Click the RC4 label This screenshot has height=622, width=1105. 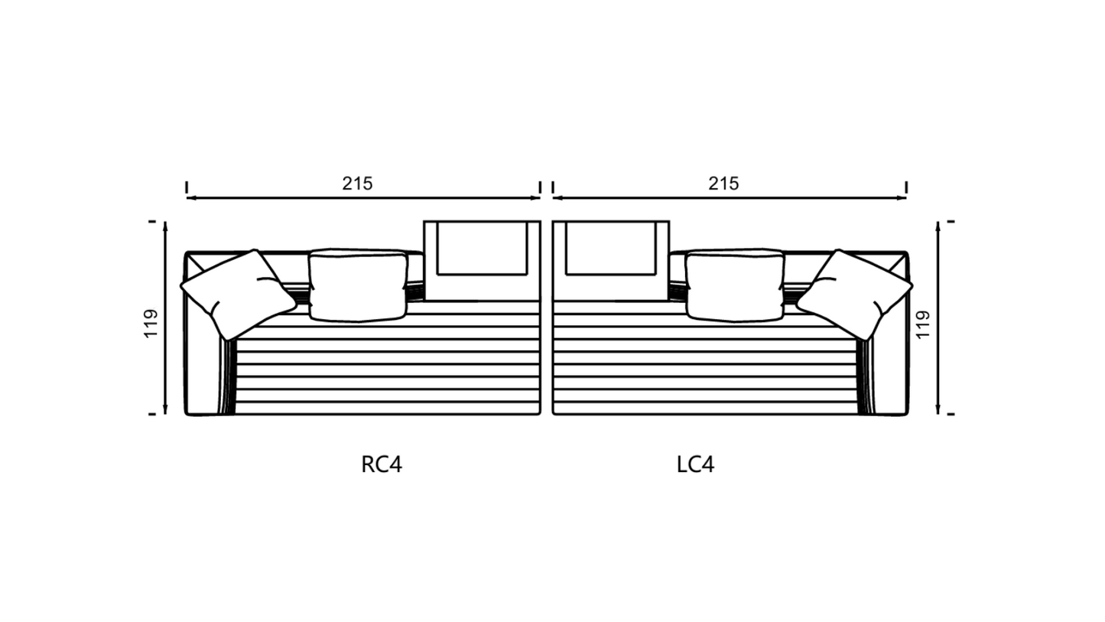point(382,464)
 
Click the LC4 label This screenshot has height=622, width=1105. point(696,464)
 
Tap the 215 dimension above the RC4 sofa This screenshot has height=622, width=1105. point(358,184)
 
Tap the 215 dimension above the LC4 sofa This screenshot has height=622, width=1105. point(723,184)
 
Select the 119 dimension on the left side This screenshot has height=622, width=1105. point(151,324)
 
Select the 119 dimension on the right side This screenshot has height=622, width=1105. point(922,324)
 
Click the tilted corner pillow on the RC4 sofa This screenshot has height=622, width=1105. point(239,295)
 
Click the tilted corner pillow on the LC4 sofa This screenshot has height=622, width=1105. point(855,295)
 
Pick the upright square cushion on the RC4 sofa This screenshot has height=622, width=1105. point(359,285)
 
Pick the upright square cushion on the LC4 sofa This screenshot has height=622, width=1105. point(735,285)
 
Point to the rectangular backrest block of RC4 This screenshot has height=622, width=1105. point(482,260)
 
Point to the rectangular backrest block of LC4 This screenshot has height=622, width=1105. point(611,260)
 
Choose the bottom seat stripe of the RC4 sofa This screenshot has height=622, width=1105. point(388,409)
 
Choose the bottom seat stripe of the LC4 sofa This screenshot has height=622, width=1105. point(705,409)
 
